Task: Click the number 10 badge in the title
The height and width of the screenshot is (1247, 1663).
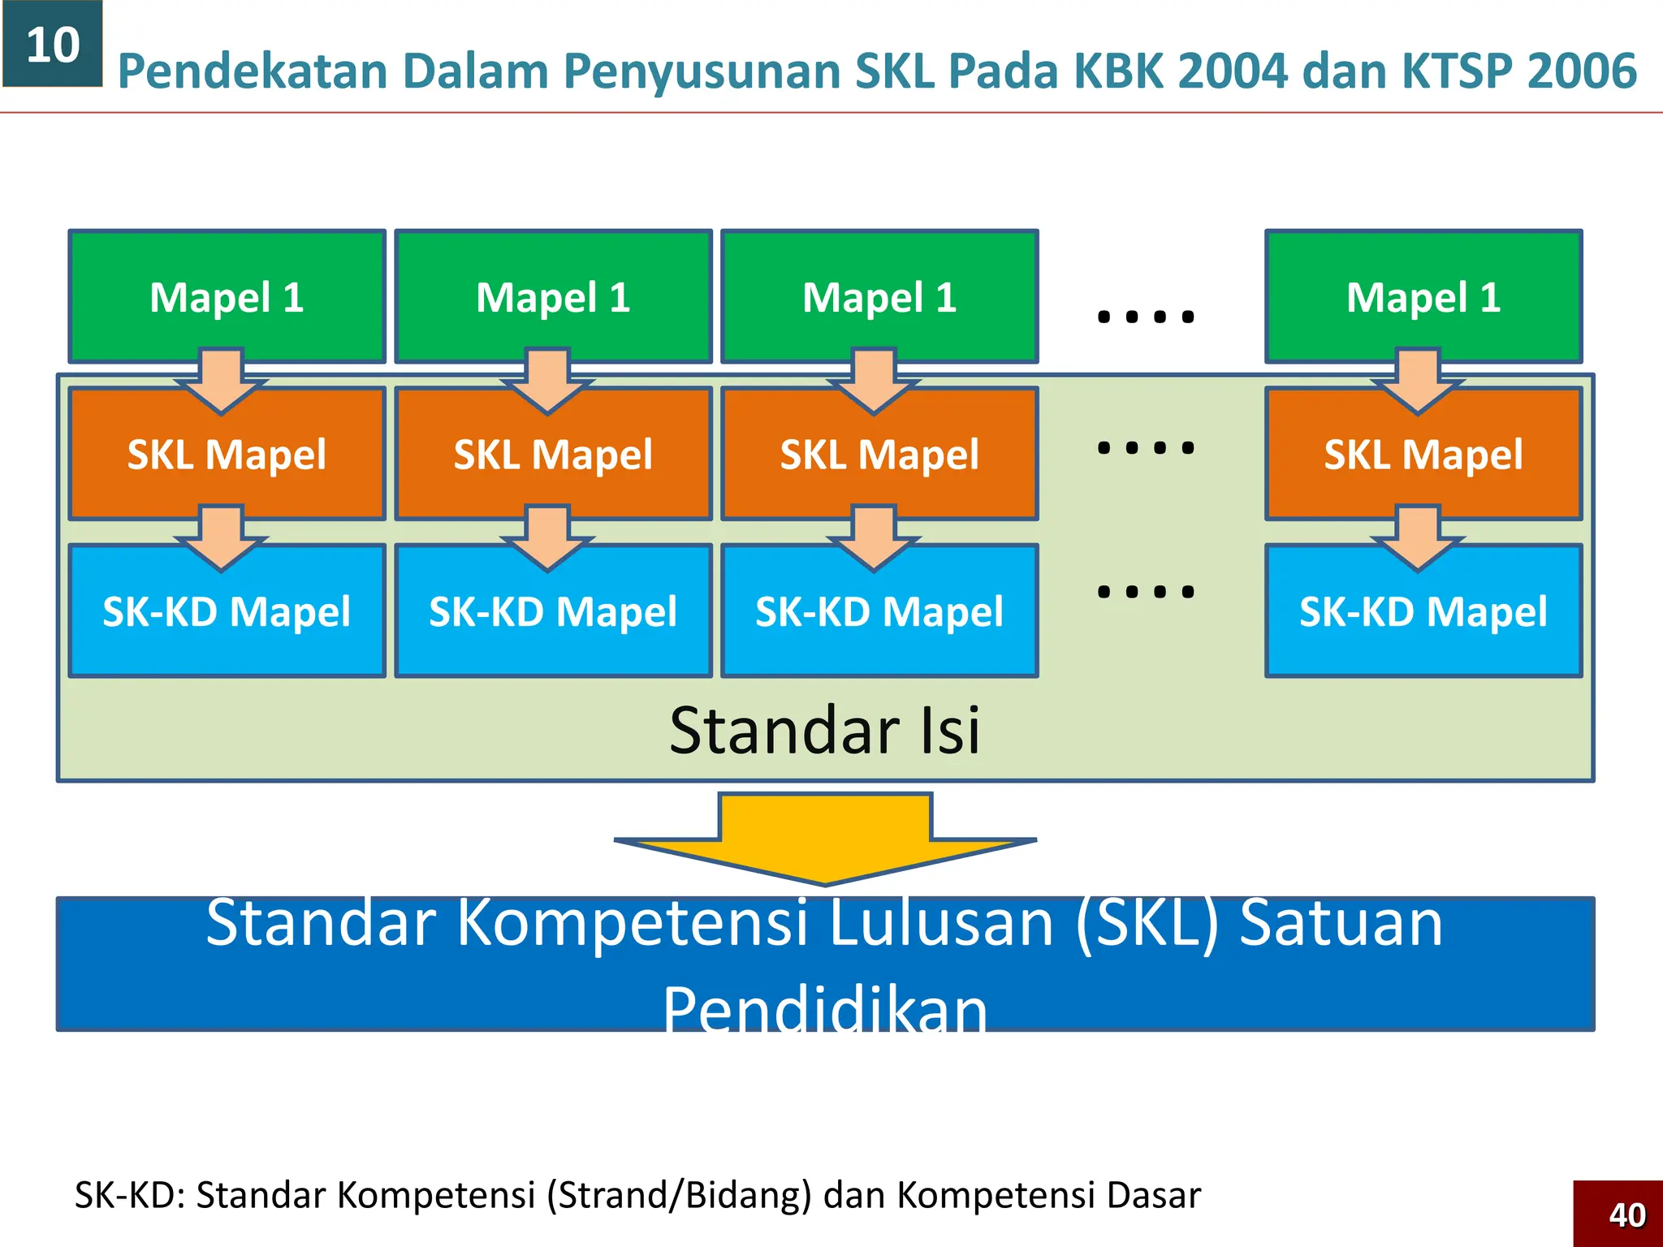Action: pos(53,44)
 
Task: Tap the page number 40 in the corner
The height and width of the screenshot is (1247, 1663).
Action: pos(1626,1215)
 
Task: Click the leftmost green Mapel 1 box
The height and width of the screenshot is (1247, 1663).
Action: pos(227,296)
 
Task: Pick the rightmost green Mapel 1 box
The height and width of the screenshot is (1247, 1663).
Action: pos(1423,296)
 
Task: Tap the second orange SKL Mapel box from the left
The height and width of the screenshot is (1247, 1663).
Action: pos(553,455)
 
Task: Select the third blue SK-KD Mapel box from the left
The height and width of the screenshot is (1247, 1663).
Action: pos(879,611)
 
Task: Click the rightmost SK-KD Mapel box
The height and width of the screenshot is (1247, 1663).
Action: pos(1423,611)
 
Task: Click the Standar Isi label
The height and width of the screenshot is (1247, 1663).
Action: pos(825,730)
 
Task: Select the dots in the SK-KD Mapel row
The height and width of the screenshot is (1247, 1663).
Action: pos(1146,591)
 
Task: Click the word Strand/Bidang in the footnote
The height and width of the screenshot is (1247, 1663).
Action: pos(679,1195)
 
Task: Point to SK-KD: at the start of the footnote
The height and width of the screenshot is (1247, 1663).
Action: pos(131,1195)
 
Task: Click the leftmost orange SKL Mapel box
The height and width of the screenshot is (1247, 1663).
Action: pos(227,455)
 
